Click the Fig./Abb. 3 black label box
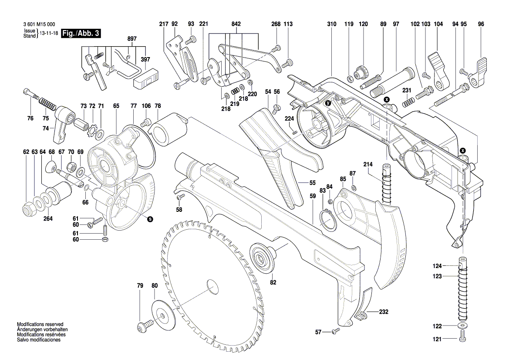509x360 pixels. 81,33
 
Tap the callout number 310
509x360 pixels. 332,24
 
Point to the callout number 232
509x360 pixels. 384,312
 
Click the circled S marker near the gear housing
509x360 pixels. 150,219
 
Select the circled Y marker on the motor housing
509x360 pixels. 328,103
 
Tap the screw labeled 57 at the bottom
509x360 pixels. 335,332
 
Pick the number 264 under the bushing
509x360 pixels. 48,219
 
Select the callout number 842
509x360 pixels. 236,24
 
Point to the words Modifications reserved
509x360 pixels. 40,324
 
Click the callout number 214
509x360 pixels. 368,164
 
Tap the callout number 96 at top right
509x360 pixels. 481,24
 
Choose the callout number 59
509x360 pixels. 313,197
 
